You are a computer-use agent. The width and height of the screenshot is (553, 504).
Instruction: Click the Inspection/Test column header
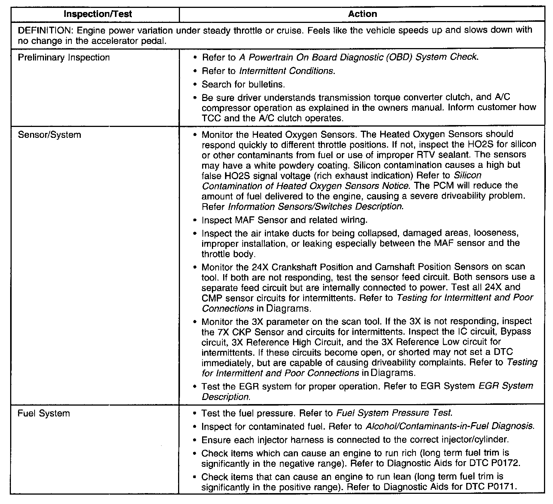[x=98, y=14]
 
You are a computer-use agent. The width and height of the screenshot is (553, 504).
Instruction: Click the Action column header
[x=362, y=14]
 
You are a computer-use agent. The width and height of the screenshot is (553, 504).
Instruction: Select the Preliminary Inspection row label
[x=64, y=57]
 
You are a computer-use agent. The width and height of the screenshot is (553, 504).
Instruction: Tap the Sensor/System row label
[x=49, y=135]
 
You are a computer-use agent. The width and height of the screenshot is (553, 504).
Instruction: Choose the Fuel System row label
[x=44, y=413]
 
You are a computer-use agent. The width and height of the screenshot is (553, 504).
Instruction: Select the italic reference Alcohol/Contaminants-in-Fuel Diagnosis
[x=449, y=426]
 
